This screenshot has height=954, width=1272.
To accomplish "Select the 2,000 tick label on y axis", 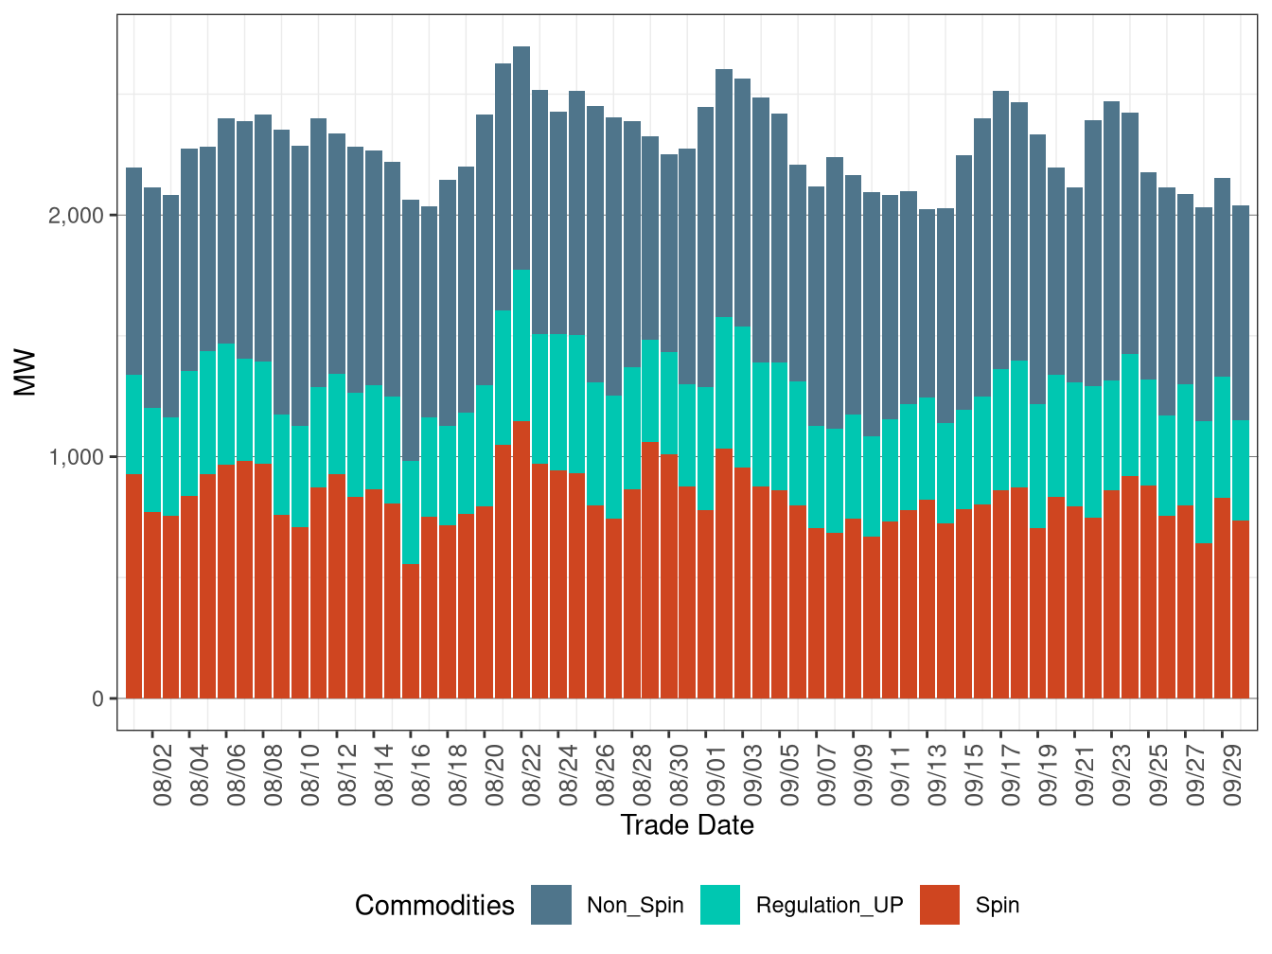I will tap(76, 216).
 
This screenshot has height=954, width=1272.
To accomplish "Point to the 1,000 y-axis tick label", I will tap(76, 457).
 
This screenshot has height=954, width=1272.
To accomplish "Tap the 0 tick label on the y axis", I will tap(97, 699).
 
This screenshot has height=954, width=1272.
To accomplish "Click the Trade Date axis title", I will tap(687, 825).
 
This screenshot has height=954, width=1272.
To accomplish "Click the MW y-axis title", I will tap(26, 373).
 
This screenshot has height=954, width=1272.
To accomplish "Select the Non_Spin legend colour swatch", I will tap(551, 905).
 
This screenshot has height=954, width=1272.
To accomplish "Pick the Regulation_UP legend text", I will tap(829, 905).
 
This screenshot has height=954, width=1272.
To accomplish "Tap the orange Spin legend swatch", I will tap(939, 905).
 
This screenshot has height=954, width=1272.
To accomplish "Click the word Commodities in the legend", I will tap(434, 906).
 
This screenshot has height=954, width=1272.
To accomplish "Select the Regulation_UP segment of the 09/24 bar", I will tap(1130, 415).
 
